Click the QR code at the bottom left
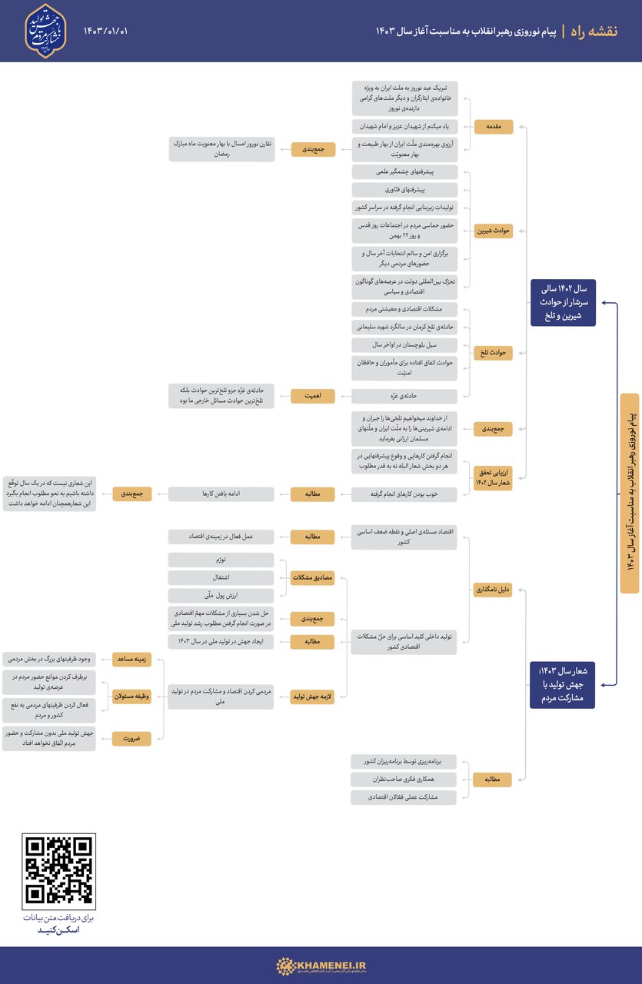60,869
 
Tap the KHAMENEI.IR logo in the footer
321,965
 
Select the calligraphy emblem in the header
45,31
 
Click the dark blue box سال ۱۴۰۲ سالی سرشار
562,302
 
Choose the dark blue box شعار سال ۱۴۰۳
562,684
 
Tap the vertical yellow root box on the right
629,493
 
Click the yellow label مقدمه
493,127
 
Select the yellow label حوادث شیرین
493,231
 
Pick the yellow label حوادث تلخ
493,352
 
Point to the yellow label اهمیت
313,396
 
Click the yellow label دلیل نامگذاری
493,590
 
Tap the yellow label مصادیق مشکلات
313,577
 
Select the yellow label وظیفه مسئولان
131,695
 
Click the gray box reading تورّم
221,560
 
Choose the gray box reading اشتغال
221,577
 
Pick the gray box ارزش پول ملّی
221,596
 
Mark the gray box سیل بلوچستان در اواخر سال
404,344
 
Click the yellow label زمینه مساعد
131,659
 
